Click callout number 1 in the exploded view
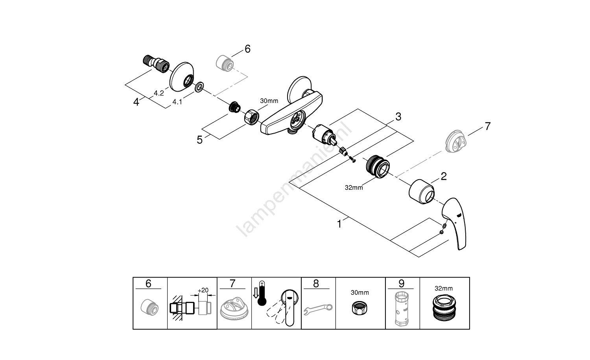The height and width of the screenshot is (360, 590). [339, 224]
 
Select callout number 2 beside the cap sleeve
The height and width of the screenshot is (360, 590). [443, 176]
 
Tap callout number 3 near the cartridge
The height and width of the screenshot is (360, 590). [398, 116]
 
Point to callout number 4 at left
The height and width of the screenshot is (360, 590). [136, 102]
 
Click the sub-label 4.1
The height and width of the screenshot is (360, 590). [177, 102]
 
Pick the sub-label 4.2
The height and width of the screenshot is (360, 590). [159, 93]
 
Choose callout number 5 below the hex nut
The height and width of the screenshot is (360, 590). [200, 140]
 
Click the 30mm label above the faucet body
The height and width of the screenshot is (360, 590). [269, 101]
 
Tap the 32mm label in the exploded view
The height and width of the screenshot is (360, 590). [354, 187]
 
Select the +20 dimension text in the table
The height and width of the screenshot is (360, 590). [203, 290]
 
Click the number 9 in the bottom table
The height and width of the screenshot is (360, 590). [401, 283]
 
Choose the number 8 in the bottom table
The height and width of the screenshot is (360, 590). [316, 283]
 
